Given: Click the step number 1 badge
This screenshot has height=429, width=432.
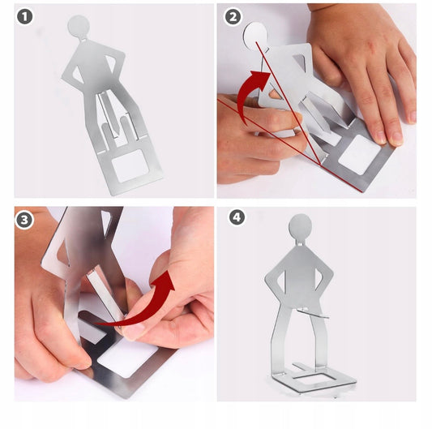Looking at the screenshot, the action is pos(25,16).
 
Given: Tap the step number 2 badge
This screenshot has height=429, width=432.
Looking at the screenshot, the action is pos(233,17).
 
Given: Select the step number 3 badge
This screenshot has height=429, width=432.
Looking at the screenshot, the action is pos(24,220).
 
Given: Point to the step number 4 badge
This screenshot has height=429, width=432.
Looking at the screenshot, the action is pos(237,217).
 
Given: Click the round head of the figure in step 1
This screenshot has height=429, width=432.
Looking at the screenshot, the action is pos(79,26).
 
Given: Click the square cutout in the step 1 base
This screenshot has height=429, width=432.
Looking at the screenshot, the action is pos(130,165).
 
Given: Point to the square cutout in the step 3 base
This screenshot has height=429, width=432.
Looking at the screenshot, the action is pos(127,358).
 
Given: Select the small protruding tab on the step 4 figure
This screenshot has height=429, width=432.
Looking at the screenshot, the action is pos(313,312).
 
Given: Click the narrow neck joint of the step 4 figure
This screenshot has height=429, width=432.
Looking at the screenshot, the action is pos(300,242).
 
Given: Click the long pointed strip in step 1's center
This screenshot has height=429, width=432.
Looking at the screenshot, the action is pos(109,113).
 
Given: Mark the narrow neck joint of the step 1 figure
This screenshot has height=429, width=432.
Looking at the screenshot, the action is pos(83,38).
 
